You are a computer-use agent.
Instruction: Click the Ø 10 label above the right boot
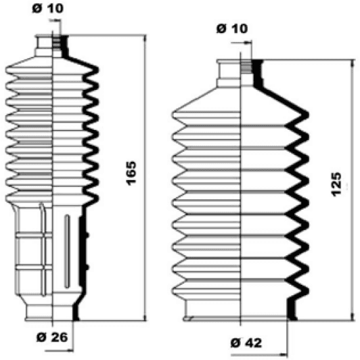tap(231, 28)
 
